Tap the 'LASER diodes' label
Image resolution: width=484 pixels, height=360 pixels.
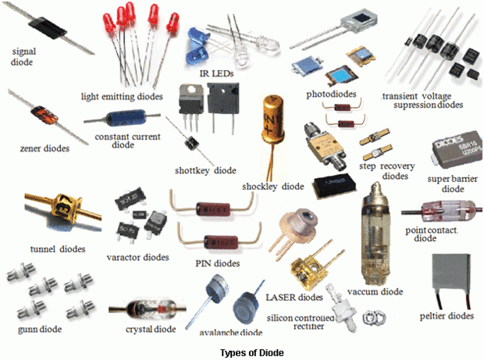293,298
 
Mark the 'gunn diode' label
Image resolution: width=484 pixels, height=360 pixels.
35,329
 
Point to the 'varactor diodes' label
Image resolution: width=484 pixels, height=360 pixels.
137,256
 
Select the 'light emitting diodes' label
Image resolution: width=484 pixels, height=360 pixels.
122,97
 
